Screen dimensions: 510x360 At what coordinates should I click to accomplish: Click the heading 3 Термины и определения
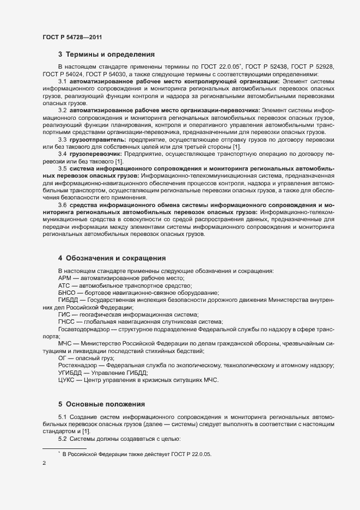[106, 54]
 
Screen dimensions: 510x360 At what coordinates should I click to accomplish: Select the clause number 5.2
[63, 439]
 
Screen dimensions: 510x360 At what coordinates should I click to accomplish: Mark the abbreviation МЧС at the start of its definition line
[65, 343]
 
